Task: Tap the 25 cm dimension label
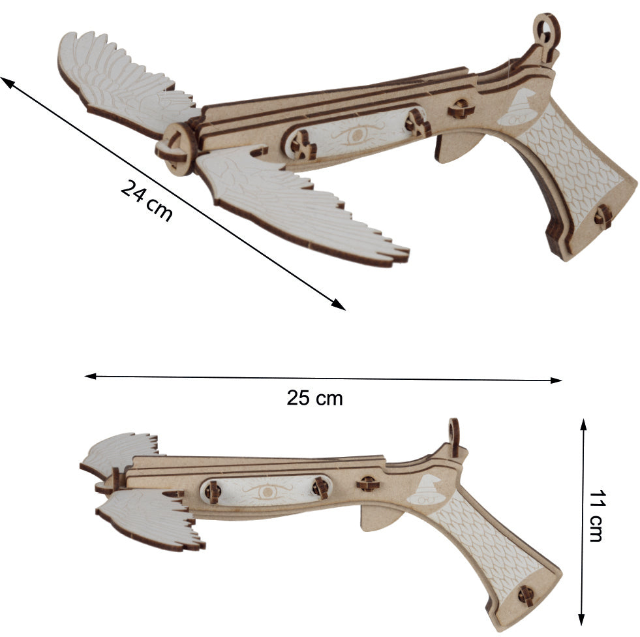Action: point(314,398)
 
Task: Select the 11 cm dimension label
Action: point(596,516)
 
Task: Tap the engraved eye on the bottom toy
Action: point(267,491)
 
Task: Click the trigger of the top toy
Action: point(453,148)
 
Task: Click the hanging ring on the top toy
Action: point(547,29)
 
